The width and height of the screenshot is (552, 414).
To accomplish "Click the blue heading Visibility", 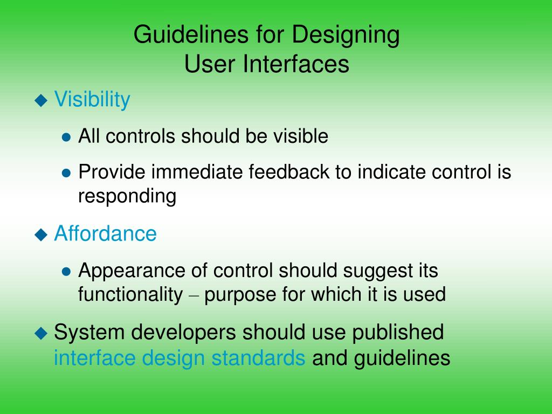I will click(x=92, y=100).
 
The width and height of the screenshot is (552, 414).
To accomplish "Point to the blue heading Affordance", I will click(x=105, y=233).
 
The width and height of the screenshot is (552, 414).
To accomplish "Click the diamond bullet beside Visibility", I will click(x=41, y=100).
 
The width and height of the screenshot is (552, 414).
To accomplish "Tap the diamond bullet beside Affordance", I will click(x=41, y=234).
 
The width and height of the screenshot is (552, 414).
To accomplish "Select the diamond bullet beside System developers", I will click(x=41, y=333).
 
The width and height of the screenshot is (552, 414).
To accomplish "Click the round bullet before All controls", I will click(x=66, y=137).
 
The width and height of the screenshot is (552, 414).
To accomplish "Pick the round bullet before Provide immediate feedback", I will click(x=66, y=174).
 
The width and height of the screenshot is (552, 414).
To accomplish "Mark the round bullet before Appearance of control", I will click(x=66, y=271).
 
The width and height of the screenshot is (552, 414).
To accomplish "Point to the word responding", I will click(x=127, y=197).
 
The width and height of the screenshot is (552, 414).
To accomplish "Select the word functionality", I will click(x=130, y=295).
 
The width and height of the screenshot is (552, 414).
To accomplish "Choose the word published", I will click(x=398, y=333).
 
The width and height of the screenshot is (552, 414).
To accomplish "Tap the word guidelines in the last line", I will click(x=402, y=358).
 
